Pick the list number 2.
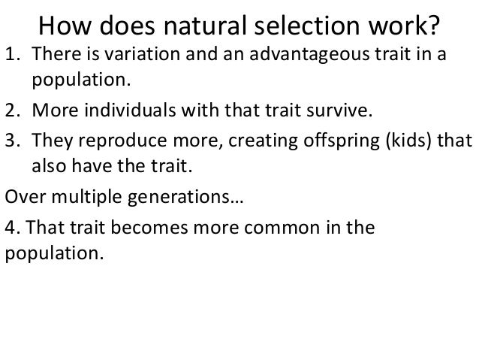[12, 113]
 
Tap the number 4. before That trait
[13, 228]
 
